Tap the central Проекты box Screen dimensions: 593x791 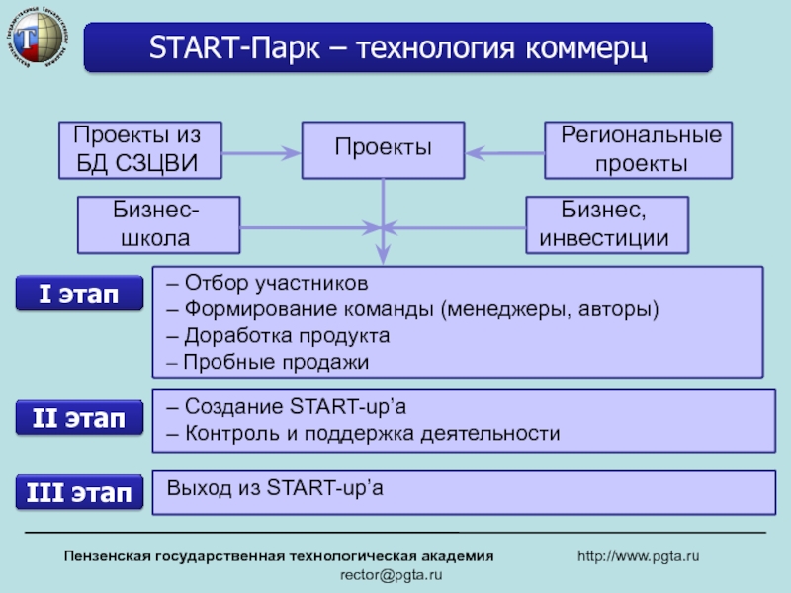pyautogui.click(x=383, y=150)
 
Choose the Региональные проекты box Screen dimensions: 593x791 pyautogui.click(x=640, y=150)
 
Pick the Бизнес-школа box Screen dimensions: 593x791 pyautogui.click(x=158, y=223)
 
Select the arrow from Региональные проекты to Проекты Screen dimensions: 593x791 pyautogui.click(x=504, y=151)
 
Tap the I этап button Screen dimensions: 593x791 pyautogui.click(x=78, y=295)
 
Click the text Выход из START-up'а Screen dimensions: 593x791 pyautogui.click(x=275, y=487)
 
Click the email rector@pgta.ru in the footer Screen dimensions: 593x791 pyautogui.click(x=392, y=575)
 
